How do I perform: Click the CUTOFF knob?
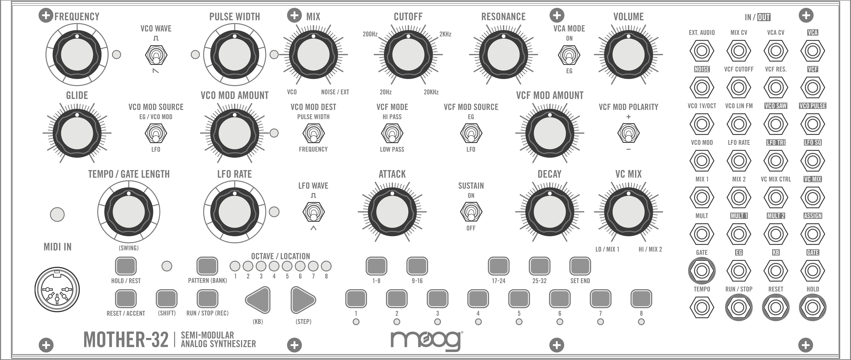[x=408, y=55]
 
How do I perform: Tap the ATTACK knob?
[x=392, y=212]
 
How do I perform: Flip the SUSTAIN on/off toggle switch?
[x=471, y=212]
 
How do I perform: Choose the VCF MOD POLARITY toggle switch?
[x=628, y=133]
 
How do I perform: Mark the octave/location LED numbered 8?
[x=326, y=266]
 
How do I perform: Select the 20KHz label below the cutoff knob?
[x=431, y=92]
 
